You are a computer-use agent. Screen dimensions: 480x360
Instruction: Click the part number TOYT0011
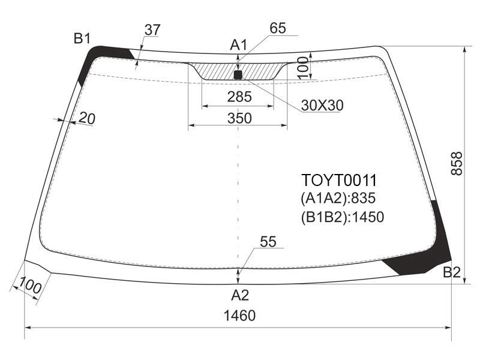339,180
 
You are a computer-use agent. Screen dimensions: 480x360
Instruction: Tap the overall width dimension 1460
239,316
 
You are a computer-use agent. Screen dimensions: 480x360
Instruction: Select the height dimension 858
457,163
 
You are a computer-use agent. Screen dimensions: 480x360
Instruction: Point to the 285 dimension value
239,97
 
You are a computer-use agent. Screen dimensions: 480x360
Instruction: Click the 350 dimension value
239,118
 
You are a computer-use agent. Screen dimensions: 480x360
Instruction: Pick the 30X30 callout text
322,106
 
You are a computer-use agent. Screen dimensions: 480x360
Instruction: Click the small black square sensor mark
238,74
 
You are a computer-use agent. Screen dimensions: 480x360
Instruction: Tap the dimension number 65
278,28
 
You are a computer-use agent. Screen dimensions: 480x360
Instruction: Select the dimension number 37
152,30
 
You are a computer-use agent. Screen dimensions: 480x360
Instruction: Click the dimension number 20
87,118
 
